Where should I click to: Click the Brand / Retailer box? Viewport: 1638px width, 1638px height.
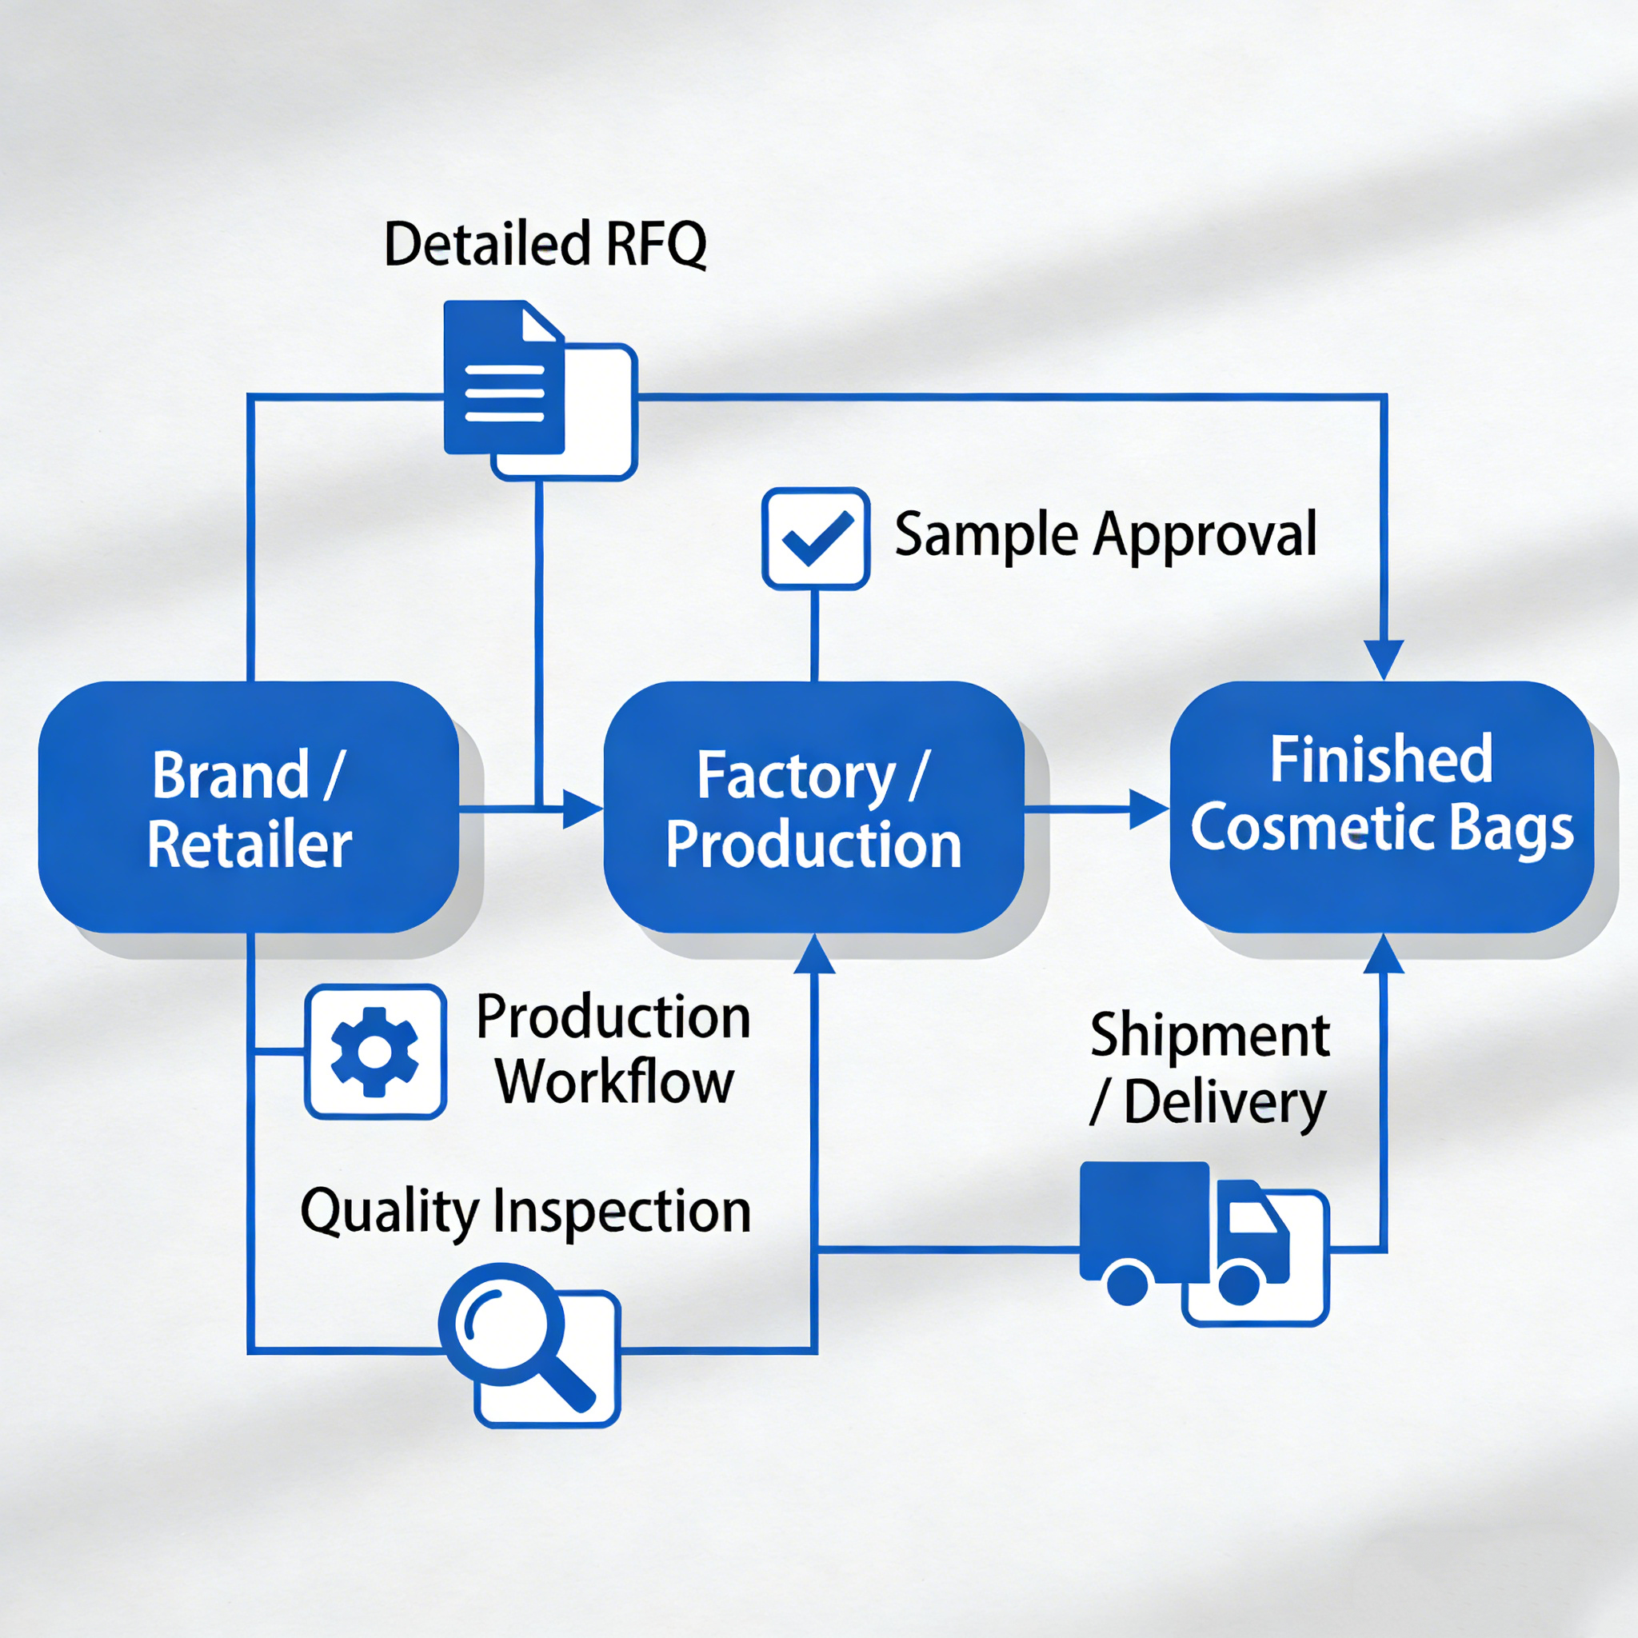(249, 807)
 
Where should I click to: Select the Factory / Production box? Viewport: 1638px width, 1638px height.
(814, 807)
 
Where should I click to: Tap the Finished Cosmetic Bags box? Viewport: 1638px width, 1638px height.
(1381, 807)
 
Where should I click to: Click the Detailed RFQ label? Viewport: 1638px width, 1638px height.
(545, 244)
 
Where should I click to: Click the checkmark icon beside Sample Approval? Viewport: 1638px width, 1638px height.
(816, 538)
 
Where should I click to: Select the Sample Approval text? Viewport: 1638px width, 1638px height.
(1105, 535)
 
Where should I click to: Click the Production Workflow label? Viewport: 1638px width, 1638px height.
(613, 1049)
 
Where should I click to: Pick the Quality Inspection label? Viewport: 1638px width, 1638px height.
(525, 1211)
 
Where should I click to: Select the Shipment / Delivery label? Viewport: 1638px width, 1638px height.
(1210, 1069)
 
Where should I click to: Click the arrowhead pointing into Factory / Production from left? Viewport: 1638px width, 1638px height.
(581, 809)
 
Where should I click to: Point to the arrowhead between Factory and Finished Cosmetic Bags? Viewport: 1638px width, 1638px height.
(1148, 809)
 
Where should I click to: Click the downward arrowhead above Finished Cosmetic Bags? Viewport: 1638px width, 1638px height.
(1384, 659)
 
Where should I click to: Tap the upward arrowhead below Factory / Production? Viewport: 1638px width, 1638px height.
(815, 954)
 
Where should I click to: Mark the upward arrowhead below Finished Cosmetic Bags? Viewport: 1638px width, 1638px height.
(1384, 954)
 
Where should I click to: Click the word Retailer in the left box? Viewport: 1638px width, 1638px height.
(250, 845)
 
